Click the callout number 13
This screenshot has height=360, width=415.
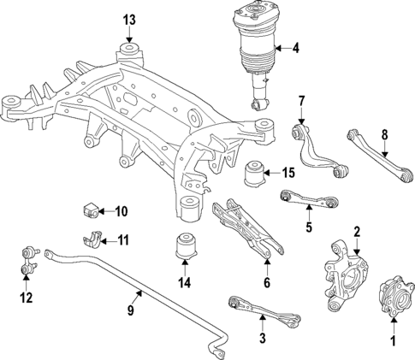[129, 19]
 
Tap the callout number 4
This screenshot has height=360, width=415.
[295, 48]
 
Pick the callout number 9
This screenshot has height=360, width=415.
[130, 311]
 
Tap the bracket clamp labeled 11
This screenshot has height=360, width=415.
[96, 239]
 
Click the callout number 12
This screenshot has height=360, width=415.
[27, 298]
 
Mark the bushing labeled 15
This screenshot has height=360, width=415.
[256, 174]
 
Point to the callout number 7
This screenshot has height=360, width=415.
[300, 103]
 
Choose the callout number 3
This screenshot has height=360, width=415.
[263, 339]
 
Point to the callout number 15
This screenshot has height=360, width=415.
[289, 173]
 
